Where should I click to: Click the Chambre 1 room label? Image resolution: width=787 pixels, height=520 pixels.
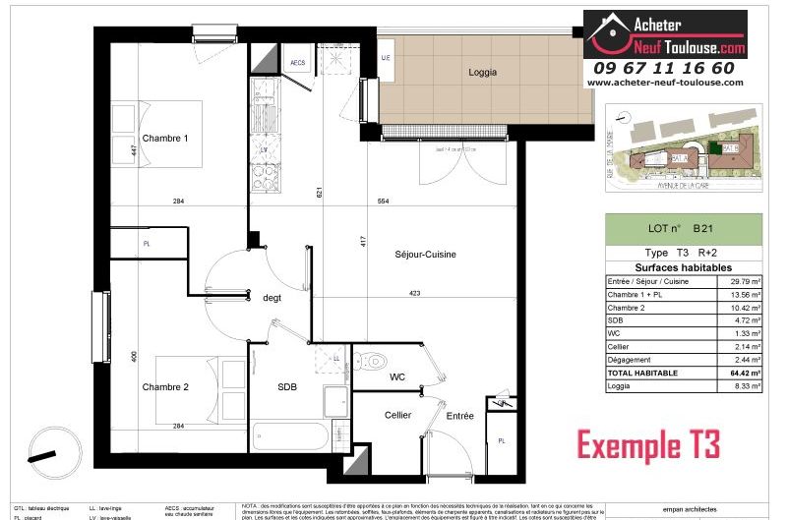(x=164, y=139)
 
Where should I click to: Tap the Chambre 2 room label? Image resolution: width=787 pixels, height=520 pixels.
(x=164, y=386)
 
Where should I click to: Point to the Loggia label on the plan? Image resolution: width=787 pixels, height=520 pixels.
(x=482, y=72)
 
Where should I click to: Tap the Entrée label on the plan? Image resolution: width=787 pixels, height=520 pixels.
(x=459, y=416)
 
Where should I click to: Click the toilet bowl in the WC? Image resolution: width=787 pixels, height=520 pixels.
(x=371, y=363)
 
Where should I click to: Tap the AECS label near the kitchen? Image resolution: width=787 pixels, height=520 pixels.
(x=298, y=63)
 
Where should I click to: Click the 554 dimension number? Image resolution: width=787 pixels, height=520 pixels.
(x=383, y=202)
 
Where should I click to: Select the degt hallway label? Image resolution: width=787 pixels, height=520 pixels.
(x=272, y=298)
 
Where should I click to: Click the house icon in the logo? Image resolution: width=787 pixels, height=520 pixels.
(x=607, y=32)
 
